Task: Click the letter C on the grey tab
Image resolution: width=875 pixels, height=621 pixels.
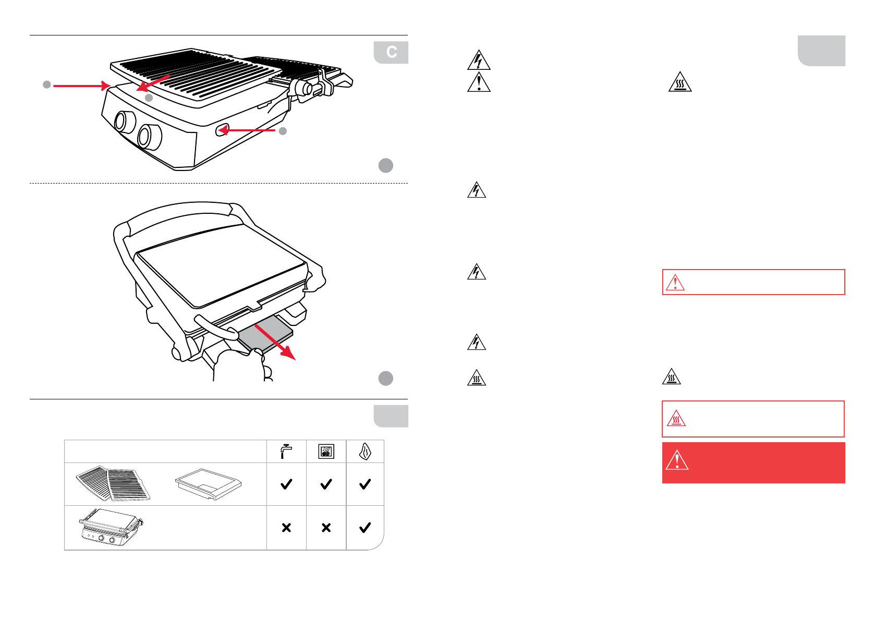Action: coord(392,52)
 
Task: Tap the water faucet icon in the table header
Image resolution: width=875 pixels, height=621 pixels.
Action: coord(286,451)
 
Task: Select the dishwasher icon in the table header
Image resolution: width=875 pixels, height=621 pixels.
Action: coord(326,452)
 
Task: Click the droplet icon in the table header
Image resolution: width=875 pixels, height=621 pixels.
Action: coord(365,452)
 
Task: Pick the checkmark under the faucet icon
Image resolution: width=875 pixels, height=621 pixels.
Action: coord(286,484)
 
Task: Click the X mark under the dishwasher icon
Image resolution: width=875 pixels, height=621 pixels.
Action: coord(326,528)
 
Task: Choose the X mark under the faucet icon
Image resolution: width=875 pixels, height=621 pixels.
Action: coord(286,528)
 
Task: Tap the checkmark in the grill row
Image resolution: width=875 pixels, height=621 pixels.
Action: coord(365,528)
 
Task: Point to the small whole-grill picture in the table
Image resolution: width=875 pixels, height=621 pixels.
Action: coord(111,527)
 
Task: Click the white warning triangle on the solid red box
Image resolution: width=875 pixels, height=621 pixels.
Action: coord(677,461)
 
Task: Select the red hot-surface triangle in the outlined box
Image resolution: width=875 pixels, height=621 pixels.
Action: coord(676,419)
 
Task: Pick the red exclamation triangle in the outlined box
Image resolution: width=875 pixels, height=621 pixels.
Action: coord(675,283)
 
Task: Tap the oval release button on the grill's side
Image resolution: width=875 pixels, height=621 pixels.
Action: coord(222,130)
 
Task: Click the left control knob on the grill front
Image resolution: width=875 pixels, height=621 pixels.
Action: coord(123,121)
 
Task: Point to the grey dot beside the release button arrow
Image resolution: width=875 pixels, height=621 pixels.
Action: coord(283,131)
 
